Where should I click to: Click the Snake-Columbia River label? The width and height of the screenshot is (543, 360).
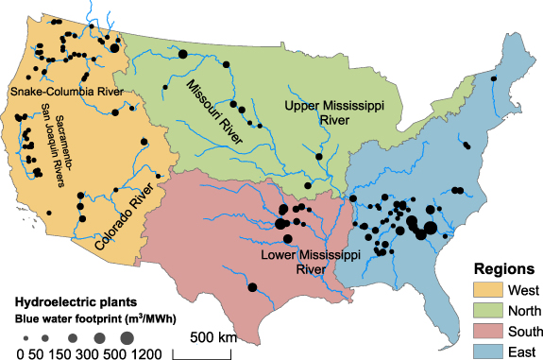click(67, 92)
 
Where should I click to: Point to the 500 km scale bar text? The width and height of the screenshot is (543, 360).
click(212, 336)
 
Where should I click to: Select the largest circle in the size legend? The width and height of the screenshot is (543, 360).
click(127, 337)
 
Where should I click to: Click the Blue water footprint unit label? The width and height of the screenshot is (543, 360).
click(90, 318)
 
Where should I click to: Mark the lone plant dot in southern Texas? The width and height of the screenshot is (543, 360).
click(252, 287)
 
